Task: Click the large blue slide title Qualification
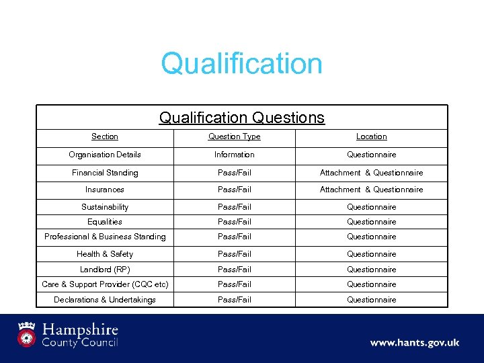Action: [x=241, y=64]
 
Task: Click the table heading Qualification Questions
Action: [x=241, y=118]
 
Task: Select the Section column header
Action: [x=104, y=136]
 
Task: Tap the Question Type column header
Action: [x=234, y=136]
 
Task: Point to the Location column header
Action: [x=371, y=136]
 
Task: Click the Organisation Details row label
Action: [x=104, y=155]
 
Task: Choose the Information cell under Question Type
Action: [x=234, y=155]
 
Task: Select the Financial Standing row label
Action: [x=104, y=173]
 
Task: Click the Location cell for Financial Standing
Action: [x=371, y=173]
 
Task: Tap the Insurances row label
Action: [x=104, y=190]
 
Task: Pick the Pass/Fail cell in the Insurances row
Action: [x=234, y=190]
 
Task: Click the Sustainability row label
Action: [x=104, y=207]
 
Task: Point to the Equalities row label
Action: [x=104, y=222]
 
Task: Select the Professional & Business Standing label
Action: [x=104, y=237]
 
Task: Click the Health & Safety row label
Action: [x=104, y=254]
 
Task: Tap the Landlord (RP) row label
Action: [x=104, y=270]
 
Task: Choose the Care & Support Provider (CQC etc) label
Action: [x=104, y=284]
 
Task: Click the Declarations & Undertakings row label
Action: [x=104, y=300]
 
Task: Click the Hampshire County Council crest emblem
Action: [x=26, y=334]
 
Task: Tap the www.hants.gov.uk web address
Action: [x=414, y=343]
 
